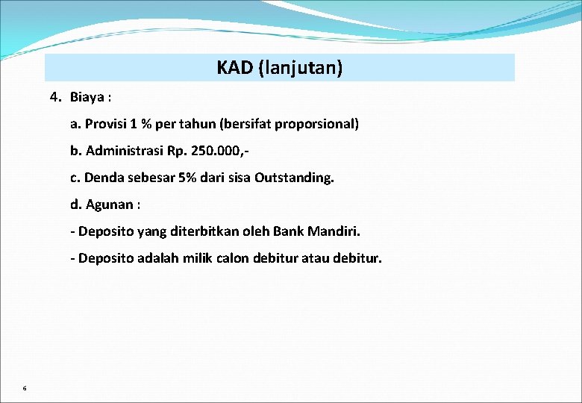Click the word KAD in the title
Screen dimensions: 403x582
[234, 68]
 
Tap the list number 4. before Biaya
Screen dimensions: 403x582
[56, 96]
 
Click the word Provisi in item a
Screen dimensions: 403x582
[107, 124]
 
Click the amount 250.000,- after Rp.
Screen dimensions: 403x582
[219, 151]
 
